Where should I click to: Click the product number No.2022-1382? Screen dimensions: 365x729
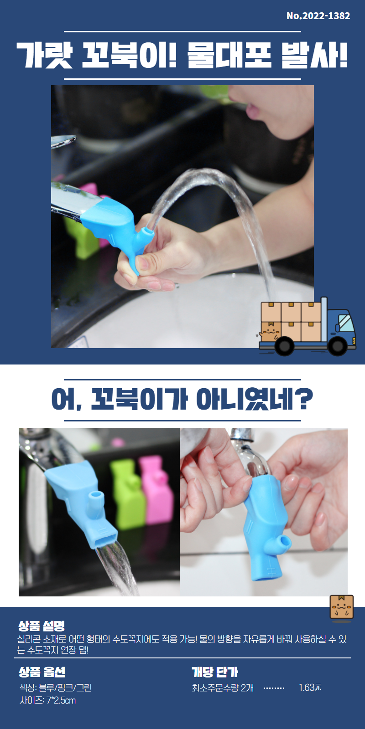pyautogui.click(x=318, y=15)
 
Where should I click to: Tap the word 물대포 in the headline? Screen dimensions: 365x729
pyautogui.click(x=229, y=56)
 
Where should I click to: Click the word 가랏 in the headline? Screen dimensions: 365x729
pyautogui.click(x=45, y=56)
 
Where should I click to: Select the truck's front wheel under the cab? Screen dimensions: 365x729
pyautogui.click(x=337, y=346)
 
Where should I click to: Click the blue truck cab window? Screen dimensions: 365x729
pyautogui.click(x=346, y=323)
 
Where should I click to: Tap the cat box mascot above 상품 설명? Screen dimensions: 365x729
pyautogui.click(x=342, y=607)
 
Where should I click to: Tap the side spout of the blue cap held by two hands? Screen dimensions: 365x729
pyautogui.click(x=282, y=544)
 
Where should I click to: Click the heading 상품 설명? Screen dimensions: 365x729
pyautogui.click(x=42, y=626)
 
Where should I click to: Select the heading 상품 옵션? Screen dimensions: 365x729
pyautogui.click(x=42, y=672)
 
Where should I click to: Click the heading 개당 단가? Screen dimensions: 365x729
pyautogui.click(x=215, y=672)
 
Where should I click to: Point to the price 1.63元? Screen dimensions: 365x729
pyautogui.click(x=310, y=688)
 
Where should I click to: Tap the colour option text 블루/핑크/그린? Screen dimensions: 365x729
pyautogui.click(x=65, y=688)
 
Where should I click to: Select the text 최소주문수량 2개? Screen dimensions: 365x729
pyautogui.click(x=223, y=688)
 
